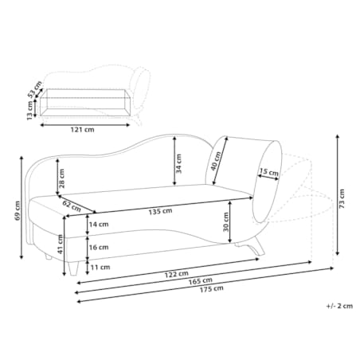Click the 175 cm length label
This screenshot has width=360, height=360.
coord(212,288)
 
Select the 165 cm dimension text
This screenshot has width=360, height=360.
coord(201,280)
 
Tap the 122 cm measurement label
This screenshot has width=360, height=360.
coord(176,274)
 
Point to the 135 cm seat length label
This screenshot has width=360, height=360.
coord(160,212)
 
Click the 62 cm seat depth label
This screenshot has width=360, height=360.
coord(72,205)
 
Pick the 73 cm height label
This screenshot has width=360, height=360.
coord(342,198)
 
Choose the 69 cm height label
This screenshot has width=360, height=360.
coord(18,211)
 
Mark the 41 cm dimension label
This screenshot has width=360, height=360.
coord(61,245)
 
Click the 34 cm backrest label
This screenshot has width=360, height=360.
coord(179,164)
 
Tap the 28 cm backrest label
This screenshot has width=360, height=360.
coord(62,178)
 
